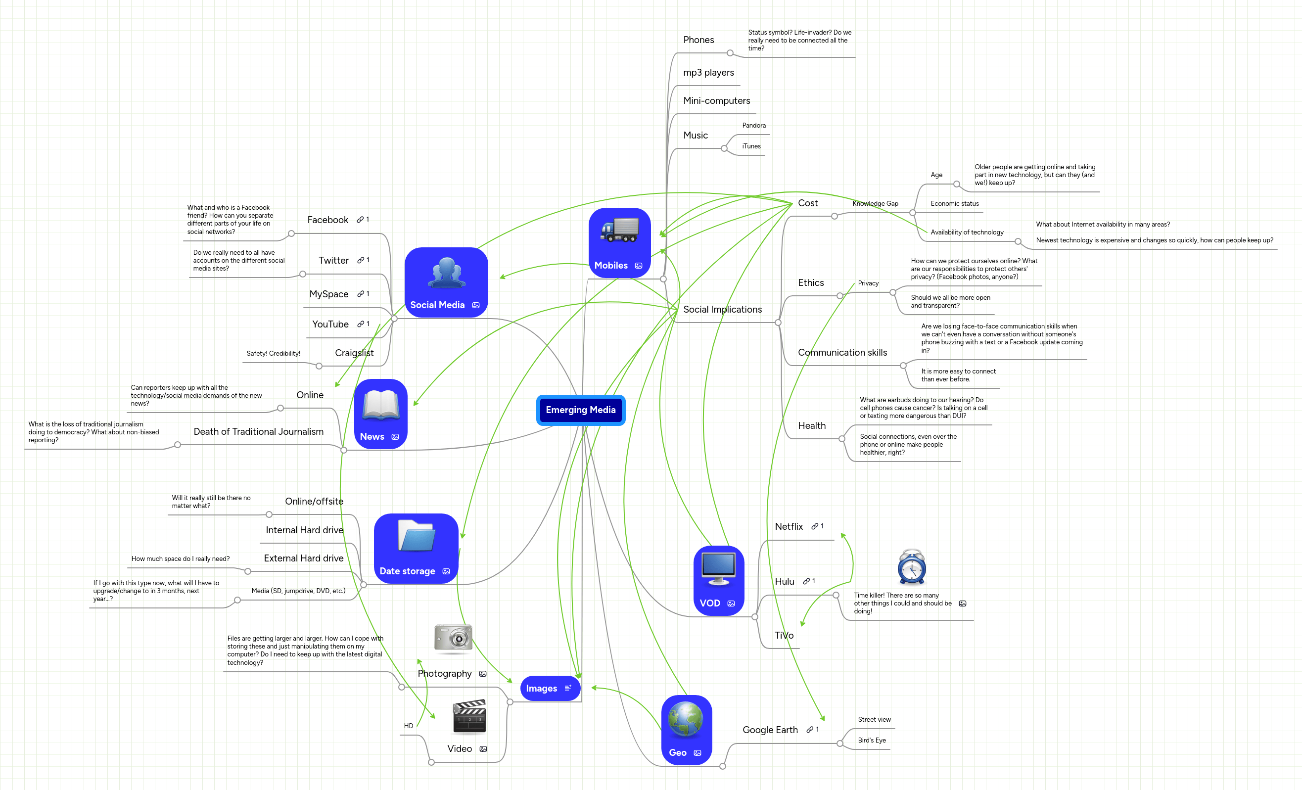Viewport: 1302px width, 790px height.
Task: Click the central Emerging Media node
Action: pyautogui.click(x=580, y=410)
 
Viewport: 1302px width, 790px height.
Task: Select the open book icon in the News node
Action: pyautogui.click(x=380, y=405)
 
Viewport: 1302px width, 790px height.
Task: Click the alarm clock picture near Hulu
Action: pyautogui.click(x=912, y=567)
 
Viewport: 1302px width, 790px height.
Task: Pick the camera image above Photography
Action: pyautogui.click(x=453, y=638)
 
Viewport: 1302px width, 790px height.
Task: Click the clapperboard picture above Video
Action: pyautogui.click(x=469, y=717)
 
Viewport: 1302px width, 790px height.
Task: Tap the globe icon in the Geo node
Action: pyautogui.click(x=685, y=719)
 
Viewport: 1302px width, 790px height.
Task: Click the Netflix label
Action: pyautogui.click(x=789, y=526)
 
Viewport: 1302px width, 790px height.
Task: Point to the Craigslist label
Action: pyautogui.click(x=354, y=353)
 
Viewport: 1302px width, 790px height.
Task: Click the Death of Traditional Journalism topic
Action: pyautogui.click(x=258, y=432)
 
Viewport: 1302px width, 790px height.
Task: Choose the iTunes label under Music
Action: pyautogui.click(x=751, y=146)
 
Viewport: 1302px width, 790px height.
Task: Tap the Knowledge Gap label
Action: pyautogui.click(x=875, y=203)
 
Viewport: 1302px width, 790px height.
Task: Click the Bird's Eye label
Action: pyautogui.click(x=871, y=741)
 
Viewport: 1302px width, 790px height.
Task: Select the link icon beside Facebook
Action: pyautogui.click(x=360, y=219)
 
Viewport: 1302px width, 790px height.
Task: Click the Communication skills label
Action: pyautogui.click(x=842, y=353)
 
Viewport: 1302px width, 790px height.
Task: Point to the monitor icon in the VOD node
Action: pyautogui.click(x=718, y=568)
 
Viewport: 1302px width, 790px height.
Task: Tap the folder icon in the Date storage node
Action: pyautogui.click(x=416, y=536)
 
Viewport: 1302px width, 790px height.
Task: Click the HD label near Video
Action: pyautogui.click(x=409, y=726)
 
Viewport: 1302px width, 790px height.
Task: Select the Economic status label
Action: pyautogui.click(x=954, y=203)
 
